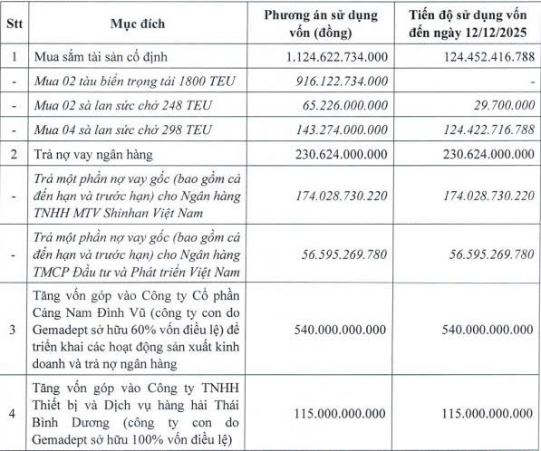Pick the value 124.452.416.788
click(x=478, y=57)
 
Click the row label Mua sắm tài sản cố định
click(x=102, y=57)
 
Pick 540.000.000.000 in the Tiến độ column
click(x=478, y=327)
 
